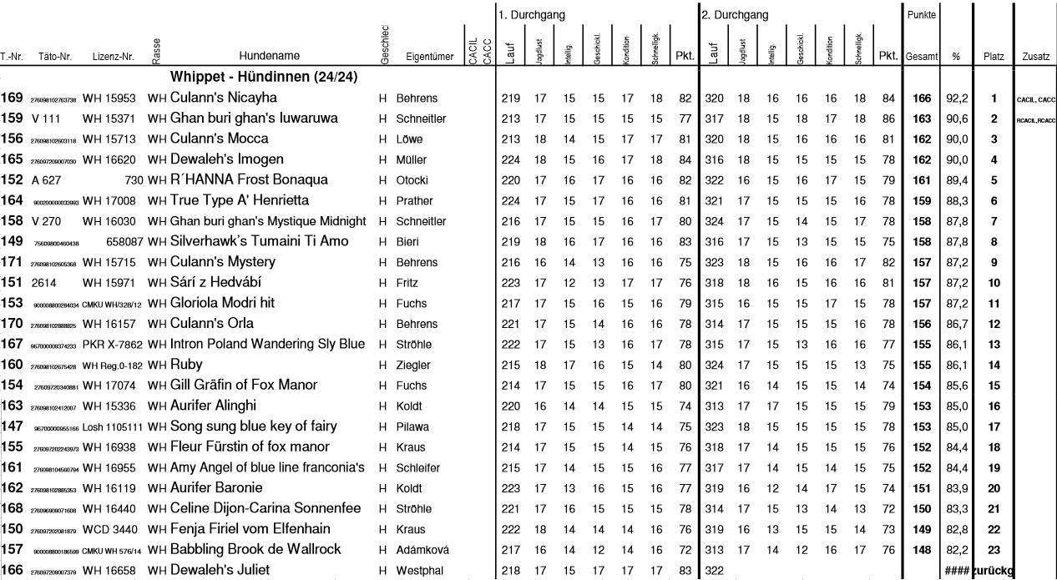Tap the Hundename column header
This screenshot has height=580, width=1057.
[269, 57]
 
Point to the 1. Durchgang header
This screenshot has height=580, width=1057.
[532, 15]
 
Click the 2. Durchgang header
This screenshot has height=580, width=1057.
[735, 15]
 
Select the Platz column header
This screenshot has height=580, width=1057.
[994, 57]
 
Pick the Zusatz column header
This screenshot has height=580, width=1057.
[1035, 57]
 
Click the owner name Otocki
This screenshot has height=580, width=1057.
[412, 180]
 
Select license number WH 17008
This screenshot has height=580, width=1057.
[109, 200]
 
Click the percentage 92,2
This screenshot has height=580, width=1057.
[955, 98]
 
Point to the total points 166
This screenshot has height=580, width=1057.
[921, 98]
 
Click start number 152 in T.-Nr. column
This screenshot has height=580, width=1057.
[12, 179]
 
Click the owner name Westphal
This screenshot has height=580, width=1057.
[419, 571]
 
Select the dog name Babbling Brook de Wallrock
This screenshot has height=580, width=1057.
[255, 549]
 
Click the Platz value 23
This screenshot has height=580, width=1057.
[994, 550]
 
